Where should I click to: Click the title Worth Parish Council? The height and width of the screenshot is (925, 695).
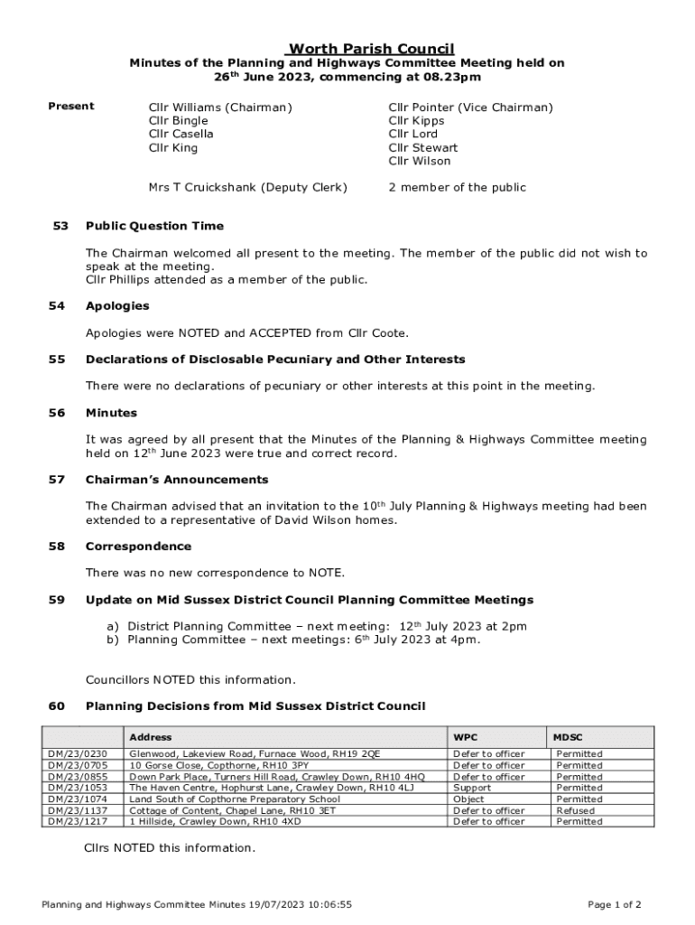tap(370, 49)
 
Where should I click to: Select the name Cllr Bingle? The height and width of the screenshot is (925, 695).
tap(178, 120)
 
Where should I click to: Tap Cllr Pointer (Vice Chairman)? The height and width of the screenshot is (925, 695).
tap(470, 107)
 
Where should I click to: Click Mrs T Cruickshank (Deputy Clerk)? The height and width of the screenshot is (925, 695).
tap(247, 187)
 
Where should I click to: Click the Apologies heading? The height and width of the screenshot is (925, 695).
tap(117, 306)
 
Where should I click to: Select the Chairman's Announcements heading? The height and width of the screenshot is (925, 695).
tap(176, 480)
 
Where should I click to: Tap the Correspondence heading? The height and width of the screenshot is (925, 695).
tap(138, 547)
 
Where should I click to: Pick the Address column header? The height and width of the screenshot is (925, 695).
tap(150, 737)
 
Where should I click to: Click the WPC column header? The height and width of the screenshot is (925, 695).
tap(466, 737)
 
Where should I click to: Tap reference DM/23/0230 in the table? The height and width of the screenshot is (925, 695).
tap(77, 753)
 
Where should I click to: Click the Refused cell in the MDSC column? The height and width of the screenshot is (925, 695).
tap(575, 810)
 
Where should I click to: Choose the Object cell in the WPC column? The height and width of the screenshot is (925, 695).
tap(468, 799)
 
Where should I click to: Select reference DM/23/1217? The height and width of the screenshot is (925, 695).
tap(77, 821)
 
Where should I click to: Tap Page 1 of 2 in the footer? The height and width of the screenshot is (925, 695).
tap(614, 904)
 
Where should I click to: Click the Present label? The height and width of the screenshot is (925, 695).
tap(70, 107)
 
